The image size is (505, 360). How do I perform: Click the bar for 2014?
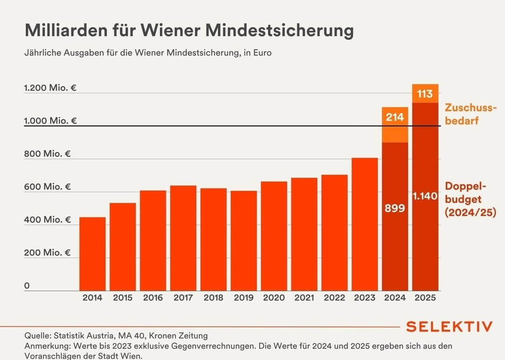pyautogui.click(x=93, y=253)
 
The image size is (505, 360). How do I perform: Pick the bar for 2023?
pyautogui.click(x=365, y=224)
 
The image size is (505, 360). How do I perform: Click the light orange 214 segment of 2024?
pyautogui.click(x=395, y=125)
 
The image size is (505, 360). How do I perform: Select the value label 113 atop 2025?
pyautogui.click(x=425, y=94)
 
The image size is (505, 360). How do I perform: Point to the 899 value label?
pyautogui.click(x=395, y=209)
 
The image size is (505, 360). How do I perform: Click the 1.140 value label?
pyautogui.click(x=425, y=197)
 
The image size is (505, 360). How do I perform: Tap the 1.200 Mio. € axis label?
pyautogui.click(x=50, y=88)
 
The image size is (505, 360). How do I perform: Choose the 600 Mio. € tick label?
pyautogui.click(x=47, y=187)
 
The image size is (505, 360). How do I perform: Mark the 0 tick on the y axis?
pyautogui.click(x=27, y=286)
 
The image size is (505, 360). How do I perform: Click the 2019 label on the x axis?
pyautogui.click(x=244, y=298)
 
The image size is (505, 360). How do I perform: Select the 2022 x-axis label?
pyautogui.click(x=334, y=298)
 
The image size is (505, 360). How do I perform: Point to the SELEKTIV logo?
pyautogui.click(x=449, y=326)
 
